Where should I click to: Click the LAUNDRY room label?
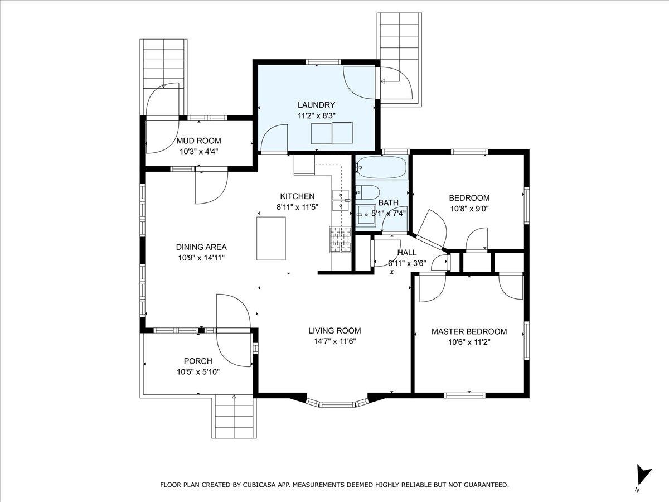[x=316, y=105]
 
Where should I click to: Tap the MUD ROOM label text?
[x=198, y=141]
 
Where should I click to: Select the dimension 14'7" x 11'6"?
[x=334, y=341]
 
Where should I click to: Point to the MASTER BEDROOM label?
[x=469, y=332]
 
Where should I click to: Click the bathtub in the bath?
[x=381, y=167]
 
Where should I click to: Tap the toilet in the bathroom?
[x=367, y=192]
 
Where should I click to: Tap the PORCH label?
[x=198, y=361]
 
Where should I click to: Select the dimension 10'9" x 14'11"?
[x=201, y=258]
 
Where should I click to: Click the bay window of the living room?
[x=337, y=402]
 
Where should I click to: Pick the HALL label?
[x=407, y=252]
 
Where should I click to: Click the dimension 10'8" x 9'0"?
[x=469, y=209]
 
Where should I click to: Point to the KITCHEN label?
[x=297, y=196]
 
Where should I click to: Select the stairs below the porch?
[x=234, y=416]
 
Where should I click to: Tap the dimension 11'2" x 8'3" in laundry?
[x=316, y=116]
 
